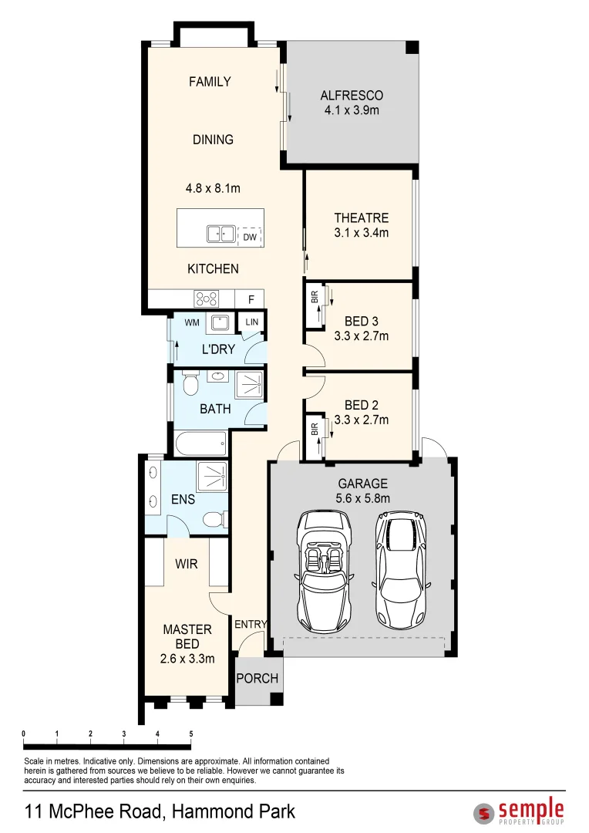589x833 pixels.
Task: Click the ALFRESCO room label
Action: click(352, 96)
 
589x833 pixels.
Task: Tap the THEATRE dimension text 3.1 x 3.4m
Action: click(361, 233)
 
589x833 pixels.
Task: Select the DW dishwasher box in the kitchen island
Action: click(249, 238)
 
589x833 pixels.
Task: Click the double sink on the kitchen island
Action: click(220, 234)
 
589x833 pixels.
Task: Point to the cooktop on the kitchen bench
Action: click(207, 298)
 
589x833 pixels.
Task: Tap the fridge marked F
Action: click(251, 299)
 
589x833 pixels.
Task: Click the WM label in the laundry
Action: click(192, 322)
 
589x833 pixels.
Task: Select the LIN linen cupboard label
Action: click(252, 322)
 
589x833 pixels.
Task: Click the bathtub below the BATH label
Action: click(200, 443)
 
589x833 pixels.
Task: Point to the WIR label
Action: click(187, 565)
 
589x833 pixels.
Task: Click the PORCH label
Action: click(257, 679)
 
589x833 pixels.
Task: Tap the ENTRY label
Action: click(251, 625)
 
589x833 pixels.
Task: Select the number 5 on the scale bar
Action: click(190, 734)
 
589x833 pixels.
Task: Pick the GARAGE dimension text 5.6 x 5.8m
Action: click(363, 498)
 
